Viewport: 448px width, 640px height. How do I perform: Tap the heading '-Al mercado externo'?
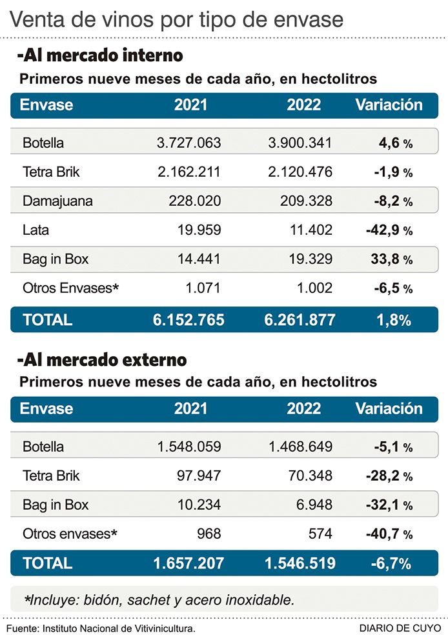click(x=102, y=359)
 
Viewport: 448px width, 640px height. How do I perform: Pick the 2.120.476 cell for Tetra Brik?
click(x=300, y=172)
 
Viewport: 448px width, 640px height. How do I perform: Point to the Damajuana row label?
click(x=57, y=201)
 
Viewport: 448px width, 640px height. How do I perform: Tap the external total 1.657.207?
click(x=188, y=563)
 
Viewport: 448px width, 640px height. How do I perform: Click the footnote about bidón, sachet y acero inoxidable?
click(x=158, y=599)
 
